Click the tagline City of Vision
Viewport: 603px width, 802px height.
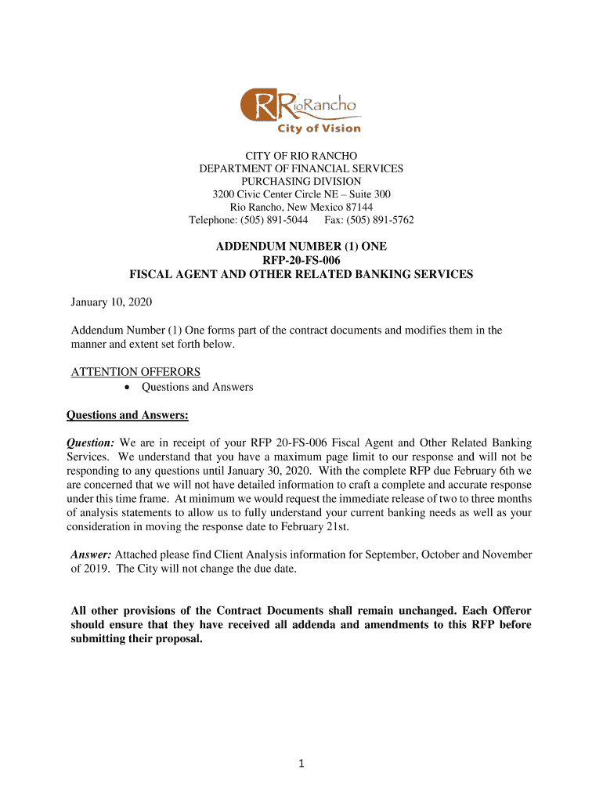click(320, 128)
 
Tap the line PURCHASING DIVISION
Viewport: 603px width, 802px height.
click(301, 181)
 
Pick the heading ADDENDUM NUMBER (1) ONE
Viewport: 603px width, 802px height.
click(301, 246)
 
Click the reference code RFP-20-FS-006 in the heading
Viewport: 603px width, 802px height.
click(301, 260)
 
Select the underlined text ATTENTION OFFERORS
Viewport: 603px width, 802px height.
click(135, 371)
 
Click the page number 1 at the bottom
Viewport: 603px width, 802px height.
click(301, 764)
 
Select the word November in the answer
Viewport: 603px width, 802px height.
click(505, 555)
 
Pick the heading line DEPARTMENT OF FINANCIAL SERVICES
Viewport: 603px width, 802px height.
click(301, 168)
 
